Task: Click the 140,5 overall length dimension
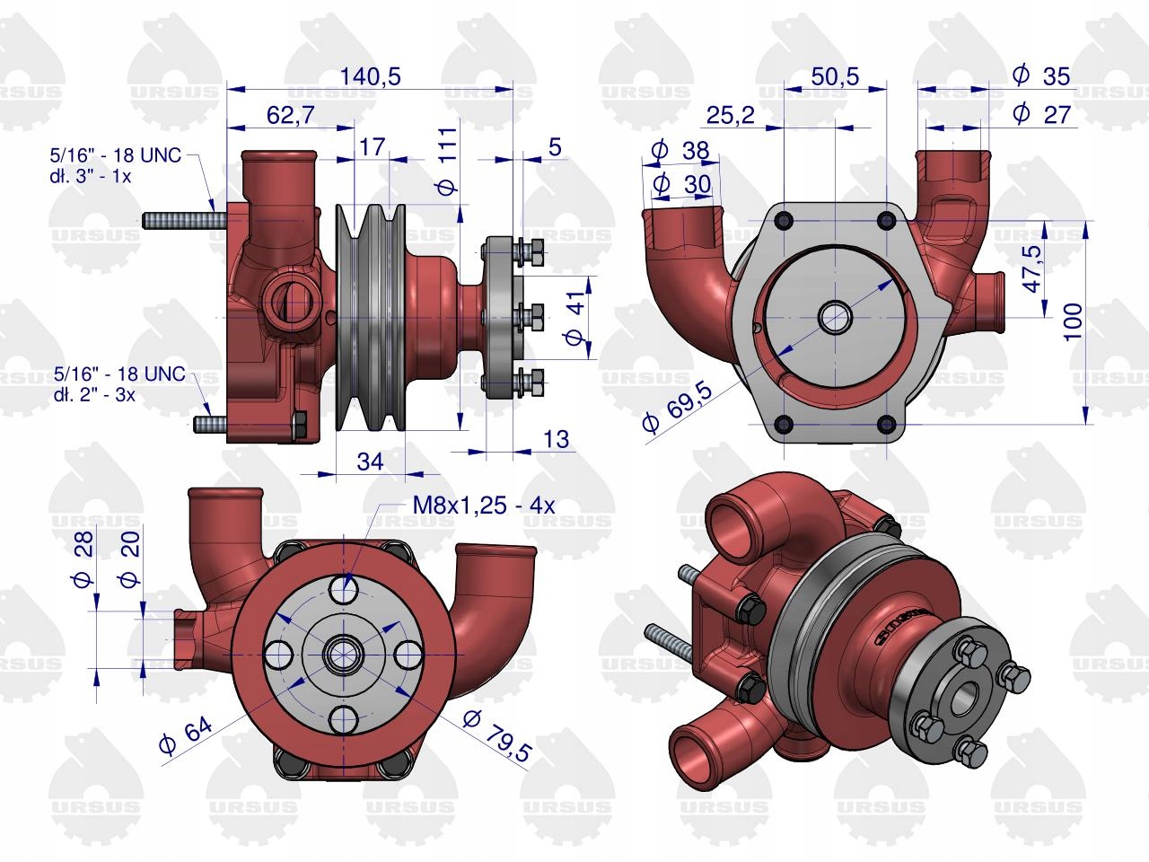point(370,76)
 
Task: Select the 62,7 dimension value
point(291,115)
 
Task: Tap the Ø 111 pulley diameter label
point(448,161)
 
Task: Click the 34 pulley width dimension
point(370,462)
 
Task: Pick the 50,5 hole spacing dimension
point(835,76)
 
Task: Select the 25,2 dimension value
point(730,115)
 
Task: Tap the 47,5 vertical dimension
point(1032,269)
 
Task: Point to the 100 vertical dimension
point(1073,321)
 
